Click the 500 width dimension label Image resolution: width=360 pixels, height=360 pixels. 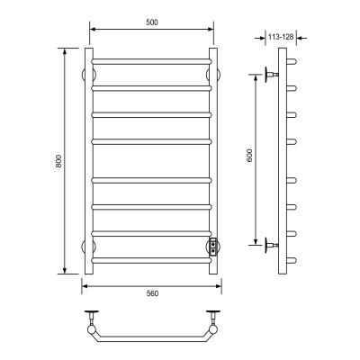(152, 22)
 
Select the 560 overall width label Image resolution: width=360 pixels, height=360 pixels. (152, 293)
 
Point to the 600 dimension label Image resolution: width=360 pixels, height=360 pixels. (250, 156)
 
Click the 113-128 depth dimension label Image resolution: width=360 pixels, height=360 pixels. (281, 37)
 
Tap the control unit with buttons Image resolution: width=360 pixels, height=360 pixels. (213, 247)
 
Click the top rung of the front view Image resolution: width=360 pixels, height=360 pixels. (151, 61)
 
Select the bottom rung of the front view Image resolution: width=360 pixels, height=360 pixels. (151, 260)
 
